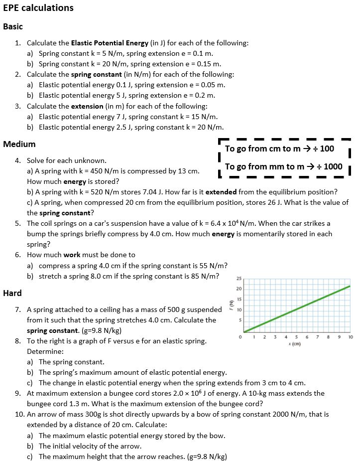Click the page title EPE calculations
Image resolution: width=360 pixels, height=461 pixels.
pos(38,8)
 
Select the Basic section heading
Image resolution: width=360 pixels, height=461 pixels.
pos(13,27)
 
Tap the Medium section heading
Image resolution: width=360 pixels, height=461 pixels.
pos(19,145)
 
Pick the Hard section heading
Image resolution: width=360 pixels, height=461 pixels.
pos(12,293)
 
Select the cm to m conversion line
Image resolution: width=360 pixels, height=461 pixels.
pos(279,149)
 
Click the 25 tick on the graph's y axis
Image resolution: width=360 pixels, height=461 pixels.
pos(239,279)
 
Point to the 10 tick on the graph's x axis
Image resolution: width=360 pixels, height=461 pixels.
pos(351,337)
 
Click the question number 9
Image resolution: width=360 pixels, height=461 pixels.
pos(17,393)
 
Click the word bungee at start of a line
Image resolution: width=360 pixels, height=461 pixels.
pos(38,404)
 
